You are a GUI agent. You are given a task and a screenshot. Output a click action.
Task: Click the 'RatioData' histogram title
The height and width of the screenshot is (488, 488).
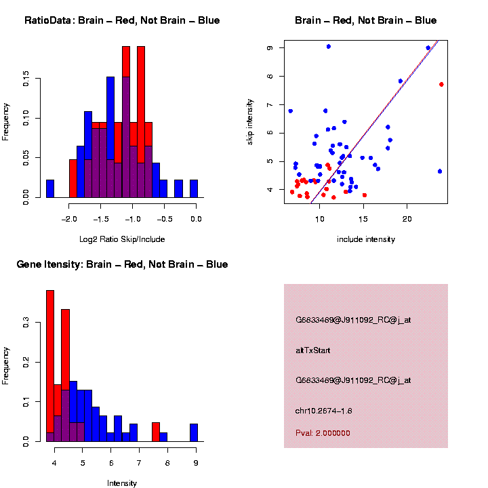122,20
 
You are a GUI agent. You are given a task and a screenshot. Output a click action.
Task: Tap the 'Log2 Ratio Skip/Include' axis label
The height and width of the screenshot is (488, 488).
121,239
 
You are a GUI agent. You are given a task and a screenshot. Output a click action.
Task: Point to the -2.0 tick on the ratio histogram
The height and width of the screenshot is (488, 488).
69,219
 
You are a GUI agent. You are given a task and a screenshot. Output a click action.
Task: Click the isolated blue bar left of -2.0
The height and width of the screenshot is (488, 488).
49,190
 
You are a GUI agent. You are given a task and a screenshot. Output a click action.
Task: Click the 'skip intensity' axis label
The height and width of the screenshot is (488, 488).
249,121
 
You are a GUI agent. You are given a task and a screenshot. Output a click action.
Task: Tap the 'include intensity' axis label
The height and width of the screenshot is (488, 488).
365,239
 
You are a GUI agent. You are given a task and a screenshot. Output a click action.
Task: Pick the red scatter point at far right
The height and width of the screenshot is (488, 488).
441,84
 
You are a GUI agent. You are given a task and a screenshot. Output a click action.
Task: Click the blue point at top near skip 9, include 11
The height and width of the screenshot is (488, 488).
328,46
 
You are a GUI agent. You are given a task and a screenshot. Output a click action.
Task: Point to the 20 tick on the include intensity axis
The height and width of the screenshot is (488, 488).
407,219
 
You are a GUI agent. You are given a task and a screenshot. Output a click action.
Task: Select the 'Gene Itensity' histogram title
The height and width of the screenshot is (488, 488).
122,264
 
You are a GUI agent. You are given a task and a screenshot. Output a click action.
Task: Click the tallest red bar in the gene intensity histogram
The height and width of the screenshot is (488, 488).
49,365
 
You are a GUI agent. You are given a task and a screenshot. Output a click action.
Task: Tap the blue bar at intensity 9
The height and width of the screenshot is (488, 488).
194,432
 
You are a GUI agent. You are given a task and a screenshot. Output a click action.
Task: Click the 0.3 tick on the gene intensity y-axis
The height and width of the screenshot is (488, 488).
26,325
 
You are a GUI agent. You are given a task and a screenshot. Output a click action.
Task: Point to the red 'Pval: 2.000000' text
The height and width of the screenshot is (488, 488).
323,432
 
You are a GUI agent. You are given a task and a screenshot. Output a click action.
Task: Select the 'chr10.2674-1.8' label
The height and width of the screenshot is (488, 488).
323,411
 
